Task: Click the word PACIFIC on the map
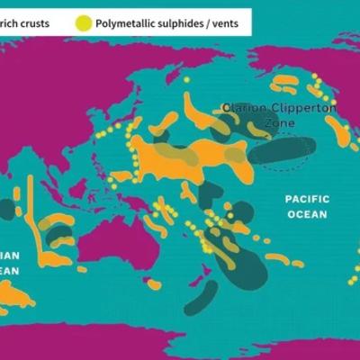pos(307,199)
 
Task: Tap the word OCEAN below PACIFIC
pos(307,214)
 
